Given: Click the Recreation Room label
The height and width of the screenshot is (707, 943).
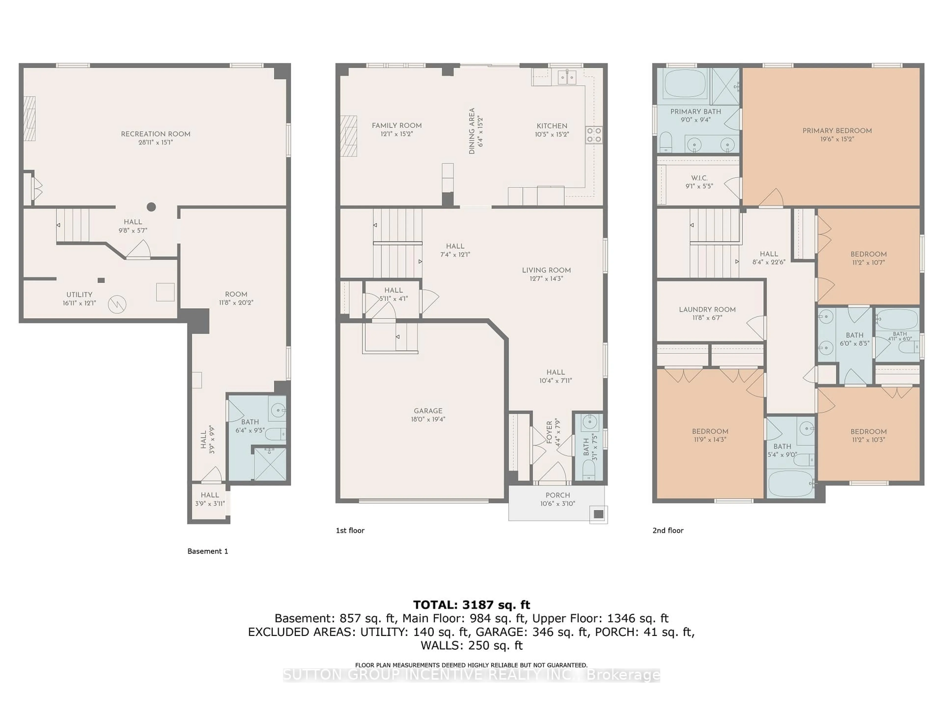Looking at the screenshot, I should tap(156, 134).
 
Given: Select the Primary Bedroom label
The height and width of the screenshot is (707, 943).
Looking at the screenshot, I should tap(837, 131).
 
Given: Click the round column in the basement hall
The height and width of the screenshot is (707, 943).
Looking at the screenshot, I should tap(151, 207).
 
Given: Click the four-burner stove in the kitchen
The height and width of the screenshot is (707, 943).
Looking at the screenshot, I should tap(594, 135).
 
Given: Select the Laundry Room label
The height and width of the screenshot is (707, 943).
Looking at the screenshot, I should tap(707, 309).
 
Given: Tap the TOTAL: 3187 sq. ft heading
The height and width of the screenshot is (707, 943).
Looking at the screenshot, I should tap(471, 605).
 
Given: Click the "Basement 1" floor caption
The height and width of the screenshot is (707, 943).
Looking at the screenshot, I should tap(208, 551).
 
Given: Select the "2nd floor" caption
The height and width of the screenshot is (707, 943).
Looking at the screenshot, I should tap(668, 530).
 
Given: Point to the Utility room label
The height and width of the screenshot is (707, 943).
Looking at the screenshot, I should tap(79, 295).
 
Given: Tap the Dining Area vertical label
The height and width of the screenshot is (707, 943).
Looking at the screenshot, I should tap(471, 131).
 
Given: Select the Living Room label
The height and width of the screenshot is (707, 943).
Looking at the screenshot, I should tap(546, 270).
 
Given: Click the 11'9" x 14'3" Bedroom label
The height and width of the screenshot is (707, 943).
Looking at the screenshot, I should tap(710, 431).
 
